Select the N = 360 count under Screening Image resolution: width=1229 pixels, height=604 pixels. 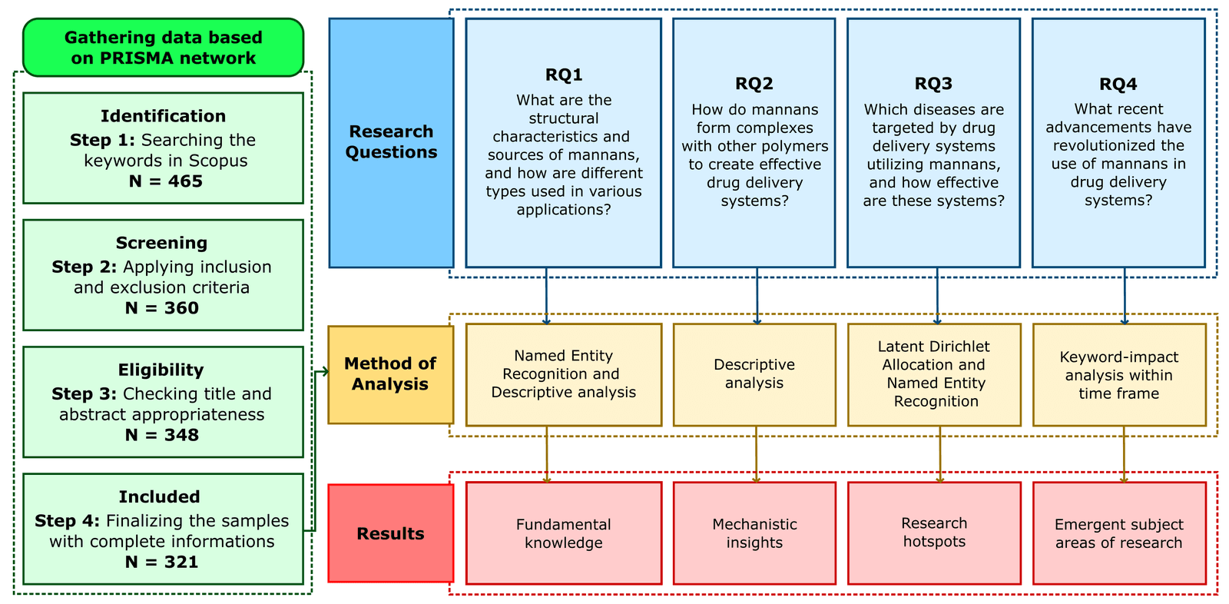(x=161, y=308)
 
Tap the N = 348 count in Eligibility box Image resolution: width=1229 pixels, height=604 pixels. (x=161, y=435)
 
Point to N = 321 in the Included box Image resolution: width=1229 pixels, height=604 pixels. (x=161, y=562)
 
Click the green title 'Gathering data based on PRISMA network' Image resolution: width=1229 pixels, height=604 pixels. (x=163, y=48)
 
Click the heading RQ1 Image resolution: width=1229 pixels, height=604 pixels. (x=564, y=75)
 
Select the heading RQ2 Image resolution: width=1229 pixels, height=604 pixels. (x=754, y=84)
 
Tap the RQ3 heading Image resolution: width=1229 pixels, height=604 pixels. (x=933, y=84)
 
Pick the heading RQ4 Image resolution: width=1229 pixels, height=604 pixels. (x=1118, y=84)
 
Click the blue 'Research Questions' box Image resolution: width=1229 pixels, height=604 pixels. (x=391, y=142)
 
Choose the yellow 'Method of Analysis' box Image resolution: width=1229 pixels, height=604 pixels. (x=390, y=374)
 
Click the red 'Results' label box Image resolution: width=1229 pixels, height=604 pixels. (x=390, y=533)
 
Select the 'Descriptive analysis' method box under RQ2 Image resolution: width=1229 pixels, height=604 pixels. (x=754, y=374)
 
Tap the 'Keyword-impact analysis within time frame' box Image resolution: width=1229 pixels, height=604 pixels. (x=1119, y=375)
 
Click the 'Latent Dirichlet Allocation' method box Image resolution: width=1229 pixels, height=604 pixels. (x=934, y=374)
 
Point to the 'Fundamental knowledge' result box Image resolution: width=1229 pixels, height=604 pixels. (x=564, y=533)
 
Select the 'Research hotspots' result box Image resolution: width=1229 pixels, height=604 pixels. (x=934, y=533)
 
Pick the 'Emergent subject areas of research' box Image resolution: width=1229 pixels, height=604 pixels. (x=1119, y=533)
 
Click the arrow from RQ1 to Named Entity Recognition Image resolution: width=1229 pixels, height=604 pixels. (x=546, y=296)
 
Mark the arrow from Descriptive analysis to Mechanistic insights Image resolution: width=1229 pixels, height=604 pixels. (x=756, y=454)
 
